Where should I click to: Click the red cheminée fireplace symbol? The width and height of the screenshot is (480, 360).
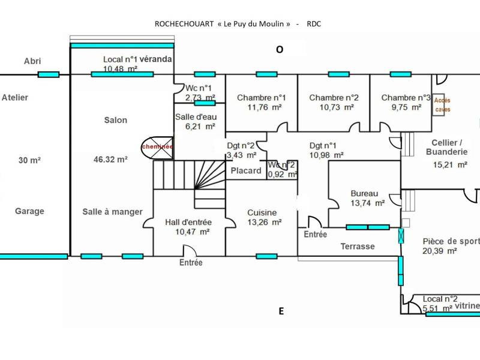[x=157, y=148]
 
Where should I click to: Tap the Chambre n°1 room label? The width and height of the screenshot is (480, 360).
[x=262, y=98]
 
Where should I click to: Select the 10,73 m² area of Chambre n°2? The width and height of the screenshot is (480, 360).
[x=337, y=107]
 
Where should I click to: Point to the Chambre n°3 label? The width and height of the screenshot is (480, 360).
[x=406, y=98]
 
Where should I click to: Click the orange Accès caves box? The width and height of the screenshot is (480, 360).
[x=439, y=104]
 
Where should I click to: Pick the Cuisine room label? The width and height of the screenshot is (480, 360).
[x=262, y=212]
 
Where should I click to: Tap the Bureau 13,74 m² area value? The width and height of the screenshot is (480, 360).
[x=368, y=203]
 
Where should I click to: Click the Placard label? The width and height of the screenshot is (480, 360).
[x=246, y=170]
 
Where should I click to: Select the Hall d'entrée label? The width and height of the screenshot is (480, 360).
[x=188, y=222]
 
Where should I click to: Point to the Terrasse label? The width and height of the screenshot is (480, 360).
[x=358, y=247]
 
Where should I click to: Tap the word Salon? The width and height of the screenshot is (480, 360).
[x=116, y=120]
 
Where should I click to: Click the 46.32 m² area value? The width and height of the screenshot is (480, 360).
[x=110, y=160]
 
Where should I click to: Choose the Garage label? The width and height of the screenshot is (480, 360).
[x=29, y=211]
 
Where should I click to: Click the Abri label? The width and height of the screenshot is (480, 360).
[x=32, y=61]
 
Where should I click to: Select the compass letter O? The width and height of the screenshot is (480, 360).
[x=280, y=50]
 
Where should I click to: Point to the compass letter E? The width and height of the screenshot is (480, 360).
[x=281, y=311]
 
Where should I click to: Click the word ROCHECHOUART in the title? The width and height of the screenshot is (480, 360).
[x=184, y=24]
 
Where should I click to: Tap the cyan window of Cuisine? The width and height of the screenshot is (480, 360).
[x=266, y=256]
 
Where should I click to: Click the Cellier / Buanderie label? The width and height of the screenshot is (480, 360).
[x=446, y=147]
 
